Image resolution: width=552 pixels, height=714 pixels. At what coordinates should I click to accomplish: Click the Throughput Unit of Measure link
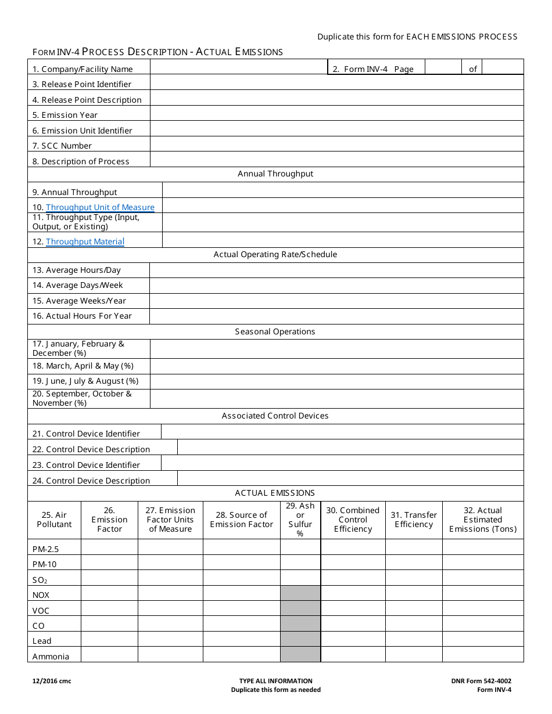coord(100,207)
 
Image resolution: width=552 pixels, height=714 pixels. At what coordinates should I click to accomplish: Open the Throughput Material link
coord(85,241)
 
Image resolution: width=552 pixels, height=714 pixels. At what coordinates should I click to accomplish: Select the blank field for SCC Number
coord(336,145)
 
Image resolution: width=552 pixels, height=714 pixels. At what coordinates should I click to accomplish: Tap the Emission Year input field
coord(336,114)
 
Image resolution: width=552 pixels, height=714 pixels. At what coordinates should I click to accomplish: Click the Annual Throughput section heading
coord(275,174)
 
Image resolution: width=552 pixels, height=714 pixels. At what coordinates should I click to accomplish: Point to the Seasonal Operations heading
coord(275,331)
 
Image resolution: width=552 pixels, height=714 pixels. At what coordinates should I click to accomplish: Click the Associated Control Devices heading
coord(275,416)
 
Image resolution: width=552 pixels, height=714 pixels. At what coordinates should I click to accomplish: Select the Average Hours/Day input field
coord(336,269)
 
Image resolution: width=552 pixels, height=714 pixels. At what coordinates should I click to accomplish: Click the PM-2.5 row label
coord(46,549)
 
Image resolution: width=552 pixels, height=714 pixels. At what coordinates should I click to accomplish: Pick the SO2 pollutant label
coord(40,579)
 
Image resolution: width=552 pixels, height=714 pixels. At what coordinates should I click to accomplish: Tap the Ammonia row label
coord(51,657)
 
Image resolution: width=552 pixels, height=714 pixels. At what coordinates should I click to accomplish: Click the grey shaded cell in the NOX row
coord(300,593)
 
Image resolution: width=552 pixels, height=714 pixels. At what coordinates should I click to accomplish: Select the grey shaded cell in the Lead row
coord(300,639)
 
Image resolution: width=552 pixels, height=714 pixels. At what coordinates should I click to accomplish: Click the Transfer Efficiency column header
coord(414,520)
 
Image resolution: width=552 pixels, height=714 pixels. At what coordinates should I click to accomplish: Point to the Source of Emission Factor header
coord(242,520)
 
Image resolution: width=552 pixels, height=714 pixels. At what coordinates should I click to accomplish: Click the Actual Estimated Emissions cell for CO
coord(482,624)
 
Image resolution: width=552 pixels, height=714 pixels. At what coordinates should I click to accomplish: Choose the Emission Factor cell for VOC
coord(109,608)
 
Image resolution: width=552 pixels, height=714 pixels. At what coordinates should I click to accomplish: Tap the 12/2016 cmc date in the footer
coord(52,681)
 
